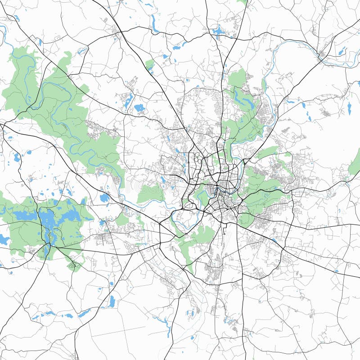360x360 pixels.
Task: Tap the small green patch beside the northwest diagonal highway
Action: point(150,66)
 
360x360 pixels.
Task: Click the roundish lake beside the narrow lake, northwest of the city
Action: point(139,108)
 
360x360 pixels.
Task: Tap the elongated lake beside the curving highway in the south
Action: point(111,301)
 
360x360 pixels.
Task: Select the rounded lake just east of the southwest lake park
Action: point(104,198)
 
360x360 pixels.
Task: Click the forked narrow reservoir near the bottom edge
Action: point(163,320)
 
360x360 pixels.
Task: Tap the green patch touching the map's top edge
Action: point(243,2)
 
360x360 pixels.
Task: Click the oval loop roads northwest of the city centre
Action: point(197,158)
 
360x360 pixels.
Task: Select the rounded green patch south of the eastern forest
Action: point(246,219)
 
